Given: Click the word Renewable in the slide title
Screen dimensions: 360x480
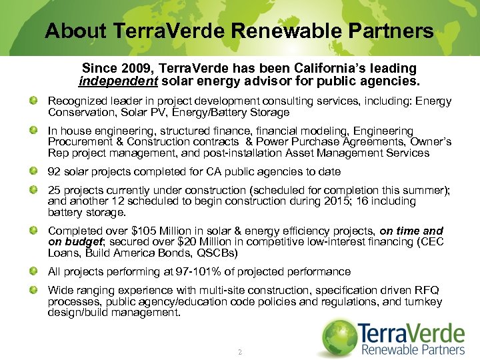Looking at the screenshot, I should point(283,31).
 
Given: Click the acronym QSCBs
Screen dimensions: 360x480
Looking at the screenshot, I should point(216,253).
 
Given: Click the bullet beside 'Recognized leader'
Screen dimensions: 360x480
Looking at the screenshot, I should point(33,101).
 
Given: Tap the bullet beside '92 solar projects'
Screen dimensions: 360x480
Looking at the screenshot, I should point(33,171).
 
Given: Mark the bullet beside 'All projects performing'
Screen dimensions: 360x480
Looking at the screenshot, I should point(33,271).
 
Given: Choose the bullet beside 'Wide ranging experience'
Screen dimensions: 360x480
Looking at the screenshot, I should point(33,291).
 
